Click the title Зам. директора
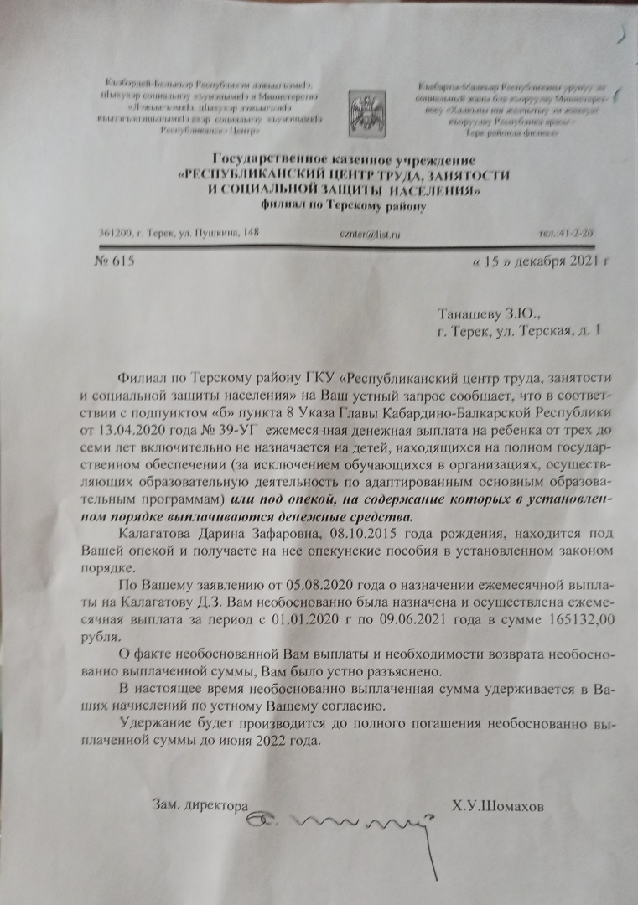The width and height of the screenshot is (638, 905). coord(200,805)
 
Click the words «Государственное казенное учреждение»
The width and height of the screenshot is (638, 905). coord(344,159)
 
